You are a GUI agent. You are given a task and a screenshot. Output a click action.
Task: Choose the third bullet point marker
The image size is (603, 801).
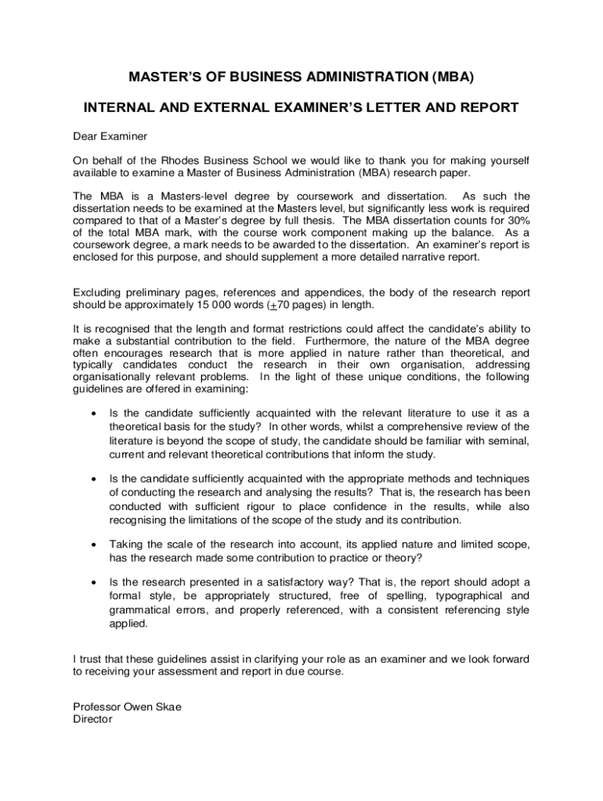click(95, 544)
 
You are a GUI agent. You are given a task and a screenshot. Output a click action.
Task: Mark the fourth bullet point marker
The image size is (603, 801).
click(95, 584)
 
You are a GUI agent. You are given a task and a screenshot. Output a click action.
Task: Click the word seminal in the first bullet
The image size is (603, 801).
click(507, 441)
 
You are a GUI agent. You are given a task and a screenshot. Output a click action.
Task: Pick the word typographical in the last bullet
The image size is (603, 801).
click(471, 597)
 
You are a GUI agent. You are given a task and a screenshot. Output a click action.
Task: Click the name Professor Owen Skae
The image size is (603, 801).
click(127, 707)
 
